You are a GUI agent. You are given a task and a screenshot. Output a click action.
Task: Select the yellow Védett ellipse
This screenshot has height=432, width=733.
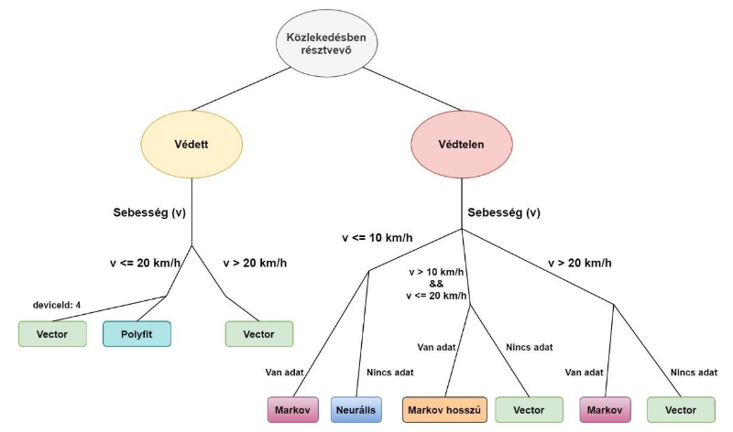point(191,145)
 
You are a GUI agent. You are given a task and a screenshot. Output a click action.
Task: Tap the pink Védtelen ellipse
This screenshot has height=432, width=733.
point(460,145)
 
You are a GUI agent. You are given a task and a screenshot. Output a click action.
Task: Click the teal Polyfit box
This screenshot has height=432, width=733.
point(137,334)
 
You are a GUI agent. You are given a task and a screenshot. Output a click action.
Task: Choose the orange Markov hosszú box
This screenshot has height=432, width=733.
point(443,409)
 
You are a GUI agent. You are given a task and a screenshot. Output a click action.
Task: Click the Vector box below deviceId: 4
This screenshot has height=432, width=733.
point(51,334)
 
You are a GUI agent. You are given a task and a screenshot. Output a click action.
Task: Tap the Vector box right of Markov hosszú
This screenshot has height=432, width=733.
point(528,409)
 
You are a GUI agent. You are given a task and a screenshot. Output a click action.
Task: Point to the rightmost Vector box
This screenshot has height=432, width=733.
point(680,409)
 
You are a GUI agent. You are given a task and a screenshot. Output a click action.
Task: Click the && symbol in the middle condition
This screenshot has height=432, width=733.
point(437,283)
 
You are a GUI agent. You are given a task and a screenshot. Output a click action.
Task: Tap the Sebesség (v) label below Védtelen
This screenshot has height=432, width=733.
point(504,213)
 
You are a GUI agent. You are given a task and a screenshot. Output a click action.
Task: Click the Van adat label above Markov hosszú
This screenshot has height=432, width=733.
point(437,347)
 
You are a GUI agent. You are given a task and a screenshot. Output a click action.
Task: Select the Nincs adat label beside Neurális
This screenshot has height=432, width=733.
point(390,373)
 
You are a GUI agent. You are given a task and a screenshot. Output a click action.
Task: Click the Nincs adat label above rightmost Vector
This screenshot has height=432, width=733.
point(694,373)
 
